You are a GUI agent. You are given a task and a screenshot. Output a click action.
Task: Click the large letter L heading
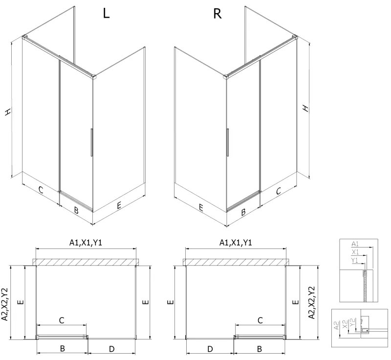click(x=106, y=14)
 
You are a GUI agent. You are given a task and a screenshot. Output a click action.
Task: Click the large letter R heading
click(x=217, y=14)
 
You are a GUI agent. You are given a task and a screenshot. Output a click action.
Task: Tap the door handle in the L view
click(x=91, y=142)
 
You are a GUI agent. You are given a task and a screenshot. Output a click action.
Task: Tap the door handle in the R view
click(x=228, y=142)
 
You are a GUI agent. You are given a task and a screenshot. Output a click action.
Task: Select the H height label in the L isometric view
click(x=8, y=112)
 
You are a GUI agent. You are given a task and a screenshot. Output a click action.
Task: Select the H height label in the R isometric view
click(x=305, y=108)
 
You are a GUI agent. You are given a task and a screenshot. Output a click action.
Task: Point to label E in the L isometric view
click(x=119, y=207)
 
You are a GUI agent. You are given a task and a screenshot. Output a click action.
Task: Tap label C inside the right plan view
click(x=260, y=320)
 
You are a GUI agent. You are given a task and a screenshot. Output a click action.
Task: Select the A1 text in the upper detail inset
click(x=355, y=243)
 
